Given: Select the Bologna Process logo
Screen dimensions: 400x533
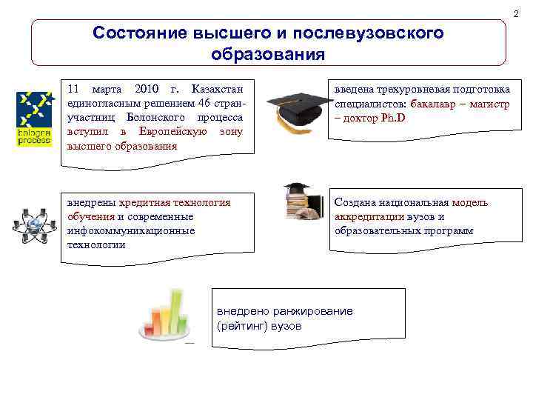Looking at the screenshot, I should pos(34,119).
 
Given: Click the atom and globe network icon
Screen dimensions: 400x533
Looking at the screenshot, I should pos(33,225).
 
